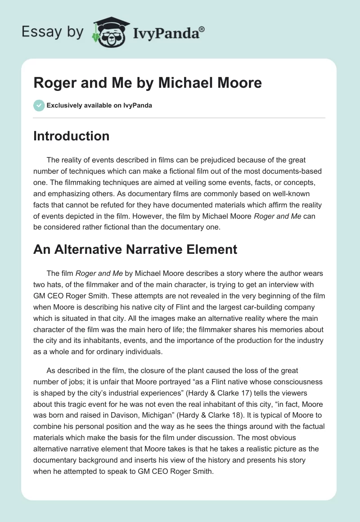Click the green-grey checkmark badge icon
coord(39,105)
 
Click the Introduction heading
coord(71,136)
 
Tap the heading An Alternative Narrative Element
coord(135,249)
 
